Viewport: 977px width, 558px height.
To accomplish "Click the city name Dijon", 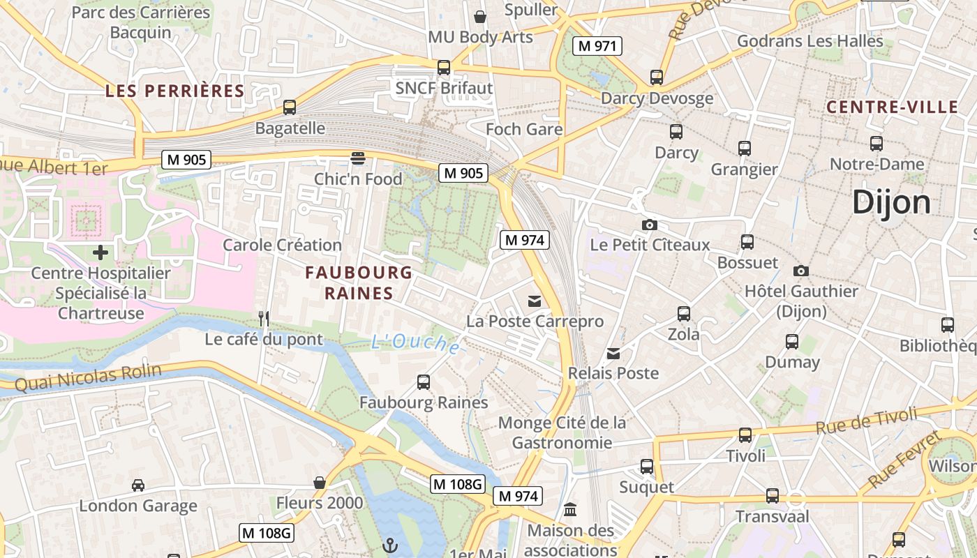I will click(891, 202).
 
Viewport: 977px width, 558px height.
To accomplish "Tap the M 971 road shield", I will click(597, 46).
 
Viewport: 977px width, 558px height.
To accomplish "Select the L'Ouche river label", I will click(415, 342).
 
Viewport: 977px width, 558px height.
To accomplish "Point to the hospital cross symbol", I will click(100, 252).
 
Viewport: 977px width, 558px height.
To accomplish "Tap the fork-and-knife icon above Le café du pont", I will click(264, 319).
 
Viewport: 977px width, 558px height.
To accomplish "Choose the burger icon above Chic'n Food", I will click(358, 158).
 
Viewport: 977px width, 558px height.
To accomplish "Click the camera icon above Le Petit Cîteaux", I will click(650, 225).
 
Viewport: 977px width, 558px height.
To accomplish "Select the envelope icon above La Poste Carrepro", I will click(535, 301).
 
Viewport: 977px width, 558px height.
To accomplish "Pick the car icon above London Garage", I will click(138, 485).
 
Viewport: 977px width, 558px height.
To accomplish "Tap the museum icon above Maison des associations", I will click(570, 510).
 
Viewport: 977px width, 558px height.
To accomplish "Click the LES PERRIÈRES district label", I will click(175, 91).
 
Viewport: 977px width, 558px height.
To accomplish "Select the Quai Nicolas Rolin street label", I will click(88, 377).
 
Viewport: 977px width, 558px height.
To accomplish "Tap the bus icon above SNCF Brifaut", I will click(444, 68).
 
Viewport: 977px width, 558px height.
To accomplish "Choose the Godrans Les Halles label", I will click(810, 41).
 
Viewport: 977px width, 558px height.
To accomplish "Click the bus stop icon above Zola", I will click(684, 314).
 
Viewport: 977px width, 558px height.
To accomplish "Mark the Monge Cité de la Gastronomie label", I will click(562, 432).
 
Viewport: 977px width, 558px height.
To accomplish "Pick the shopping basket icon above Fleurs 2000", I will click(320, 483).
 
